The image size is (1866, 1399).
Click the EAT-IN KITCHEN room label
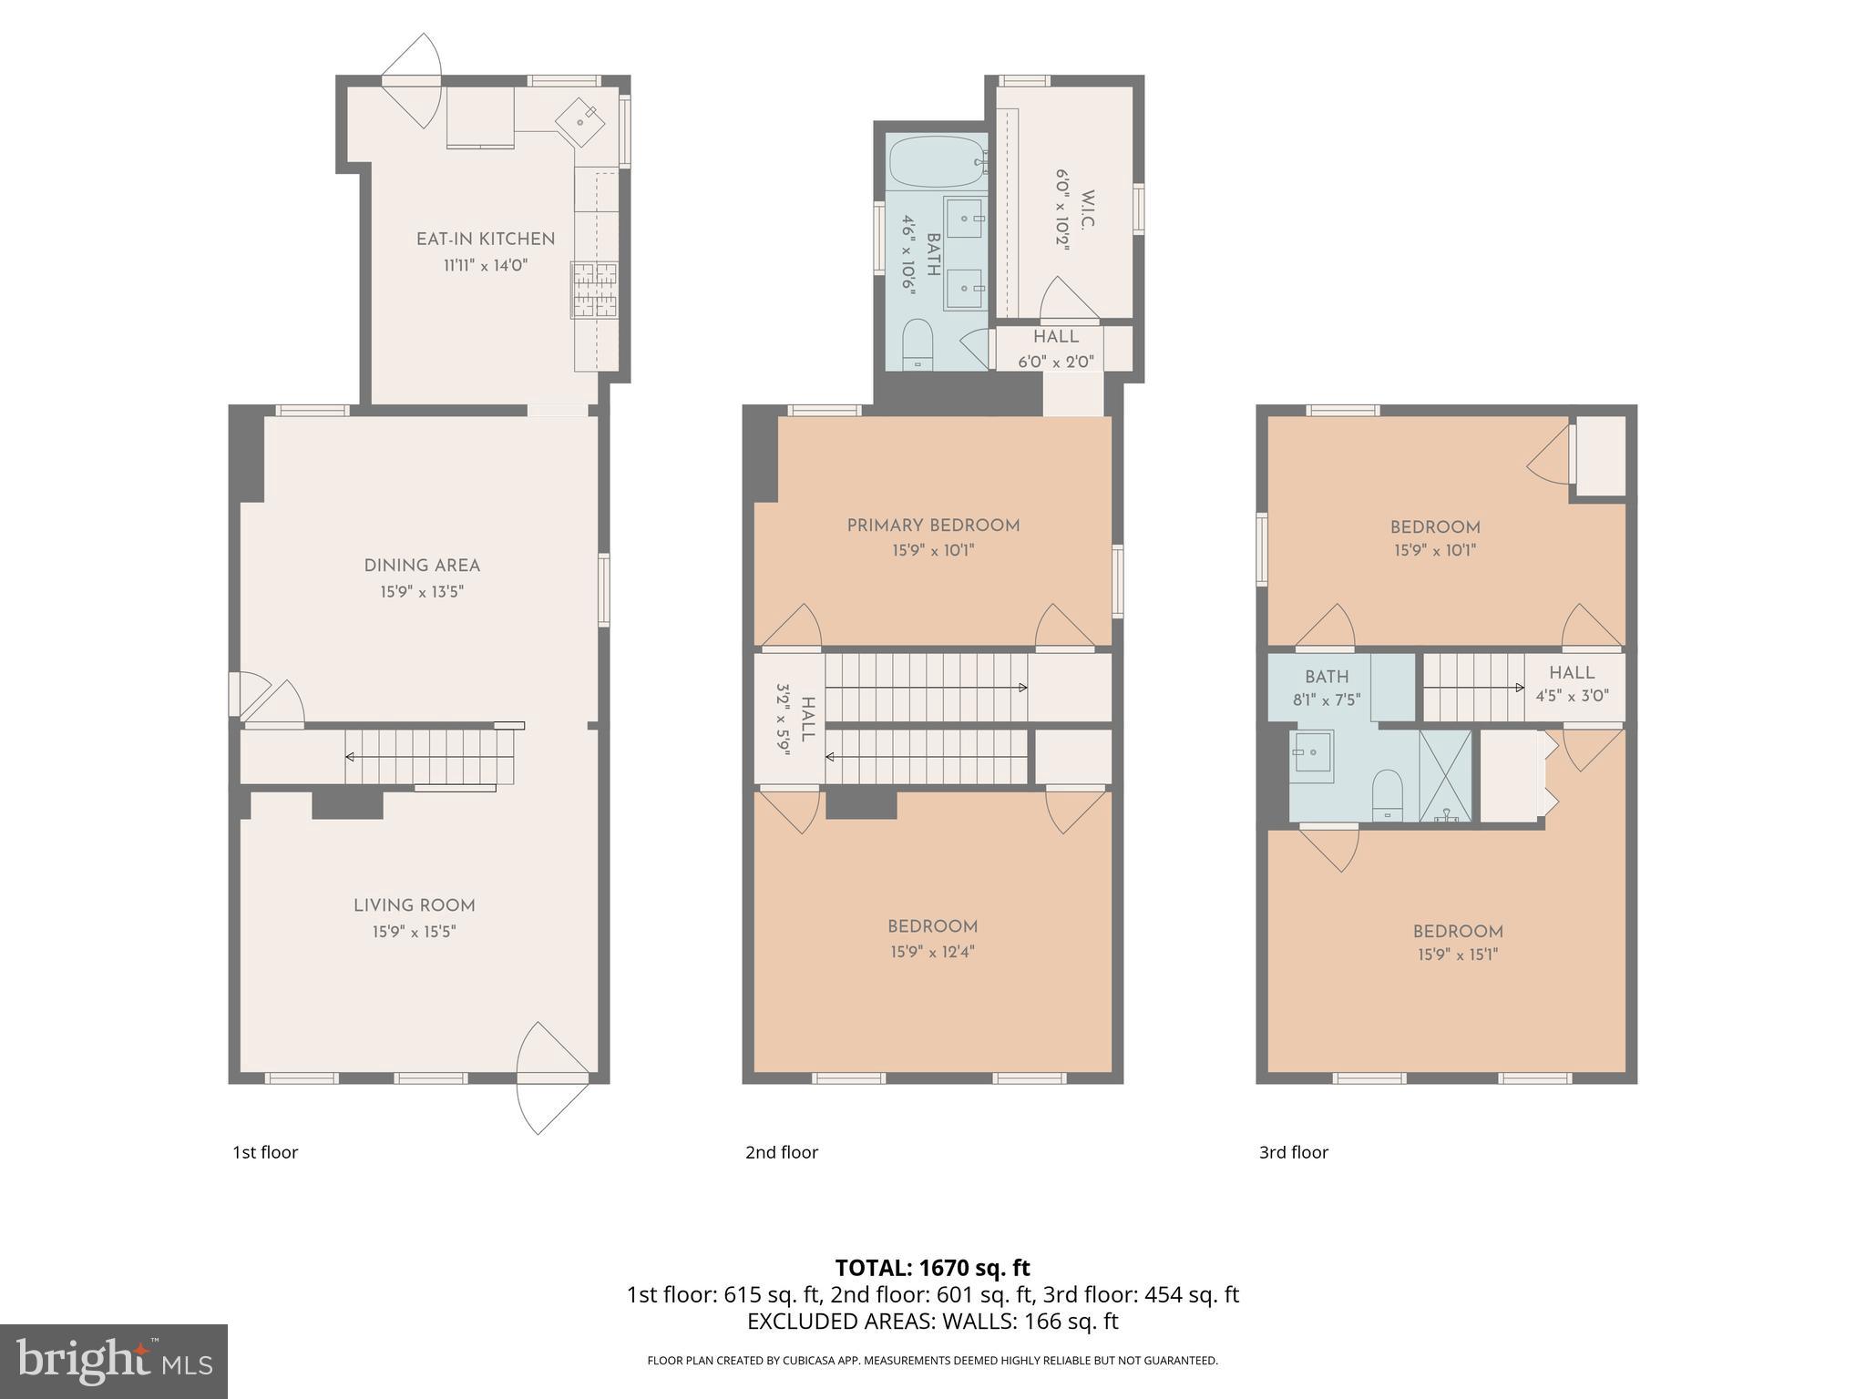click(x=485, y=239)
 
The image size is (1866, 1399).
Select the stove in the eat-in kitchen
click(x=594, y=290)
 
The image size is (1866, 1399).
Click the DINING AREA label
click(x=422, y=566)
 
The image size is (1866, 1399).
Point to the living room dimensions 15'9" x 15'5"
click(x=414, y=932)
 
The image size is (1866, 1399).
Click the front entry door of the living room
click(x=552, y=1078)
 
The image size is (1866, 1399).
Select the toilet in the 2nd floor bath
click(x=918, y=344)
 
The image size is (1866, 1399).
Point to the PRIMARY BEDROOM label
click(x=933, y=526)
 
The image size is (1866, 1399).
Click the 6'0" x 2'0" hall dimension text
click(x=1055, y=362)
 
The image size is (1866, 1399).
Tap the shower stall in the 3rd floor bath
click(x=1445, y=775)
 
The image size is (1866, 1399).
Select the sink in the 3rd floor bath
click(x=1311, y=755)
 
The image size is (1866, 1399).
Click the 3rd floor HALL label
click(x=1572, y=672)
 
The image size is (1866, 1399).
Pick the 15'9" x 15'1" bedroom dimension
click(x=1458, y=955)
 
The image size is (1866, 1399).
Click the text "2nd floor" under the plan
click(x=782, y=1152)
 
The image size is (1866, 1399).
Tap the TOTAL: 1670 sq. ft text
click(x=932, y=1267)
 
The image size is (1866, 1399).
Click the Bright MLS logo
click(x=114, y=1361)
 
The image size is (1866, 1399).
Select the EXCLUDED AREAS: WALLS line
click(x=932, y=1321)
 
